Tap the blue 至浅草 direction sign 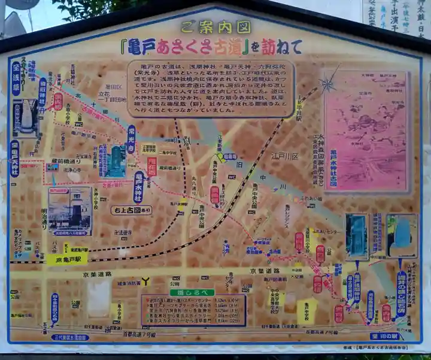coord(16,78)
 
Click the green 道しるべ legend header coord(184,292)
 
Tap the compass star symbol coord(327,84)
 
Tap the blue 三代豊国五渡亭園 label coord(71,337)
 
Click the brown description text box coord(211,87)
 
